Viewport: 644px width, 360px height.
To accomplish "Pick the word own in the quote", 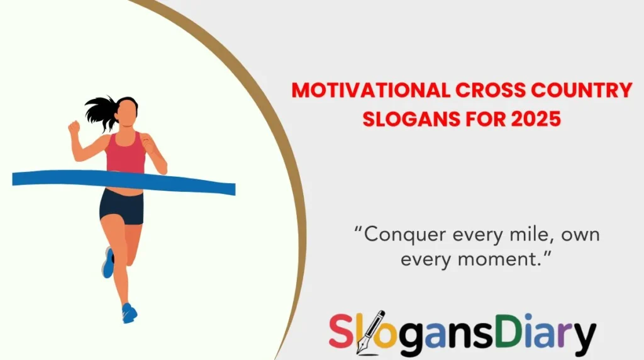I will [x=580, y=235].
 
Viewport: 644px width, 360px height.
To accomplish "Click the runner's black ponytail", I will [x=101, y=112].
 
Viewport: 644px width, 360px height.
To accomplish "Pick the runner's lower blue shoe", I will [x=130, y=313].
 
